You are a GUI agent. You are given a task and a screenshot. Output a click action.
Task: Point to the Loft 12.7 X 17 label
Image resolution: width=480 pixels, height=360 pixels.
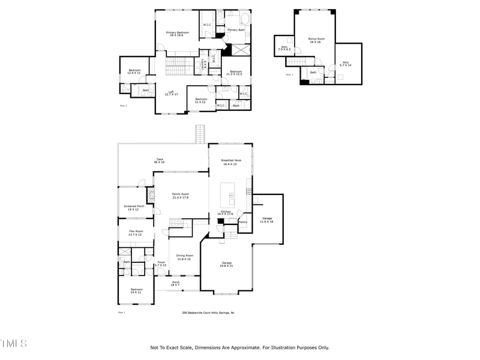point(172,93)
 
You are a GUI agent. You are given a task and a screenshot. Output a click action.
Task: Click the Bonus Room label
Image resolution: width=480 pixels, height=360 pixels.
point(315,40)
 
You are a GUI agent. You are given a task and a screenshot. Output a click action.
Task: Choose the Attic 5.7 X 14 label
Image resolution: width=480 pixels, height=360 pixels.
point(346,63)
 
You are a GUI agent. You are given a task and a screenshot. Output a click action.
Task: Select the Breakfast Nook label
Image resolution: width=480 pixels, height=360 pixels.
point(231,161)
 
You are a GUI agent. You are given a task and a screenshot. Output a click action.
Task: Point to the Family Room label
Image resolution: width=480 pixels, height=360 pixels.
point(180,196)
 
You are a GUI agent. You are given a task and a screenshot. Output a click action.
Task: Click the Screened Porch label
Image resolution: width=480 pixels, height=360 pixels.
point(134,208)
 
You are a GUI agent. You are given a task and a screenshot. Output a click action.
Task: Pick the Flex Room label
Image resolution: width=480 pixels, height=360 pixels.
point(136,233)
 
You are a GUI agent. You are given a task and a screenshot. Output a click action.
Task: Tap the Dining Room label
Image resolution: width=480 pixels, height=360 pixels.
point(184,257)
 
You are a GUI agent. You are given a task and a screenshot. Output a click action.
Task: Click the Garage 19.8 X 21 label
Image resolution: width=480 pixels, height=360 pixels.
point(227,264)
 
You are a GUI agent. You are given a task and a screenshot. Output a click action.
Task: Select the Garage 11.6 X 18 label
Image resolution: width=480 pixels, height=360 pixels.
point(267,220)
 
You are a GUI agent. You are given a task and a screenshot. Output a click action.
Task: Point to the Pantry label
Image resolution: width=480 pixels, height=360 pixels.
point(243,222)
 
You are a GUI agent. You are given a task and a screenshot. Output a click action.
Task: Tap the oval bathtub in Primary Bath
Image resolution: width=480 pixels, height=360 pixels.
point(231,20)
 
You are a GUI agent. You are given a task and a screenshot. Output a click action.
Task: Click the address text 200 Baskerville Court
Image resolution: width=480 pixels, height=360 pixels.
point(208,313)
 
